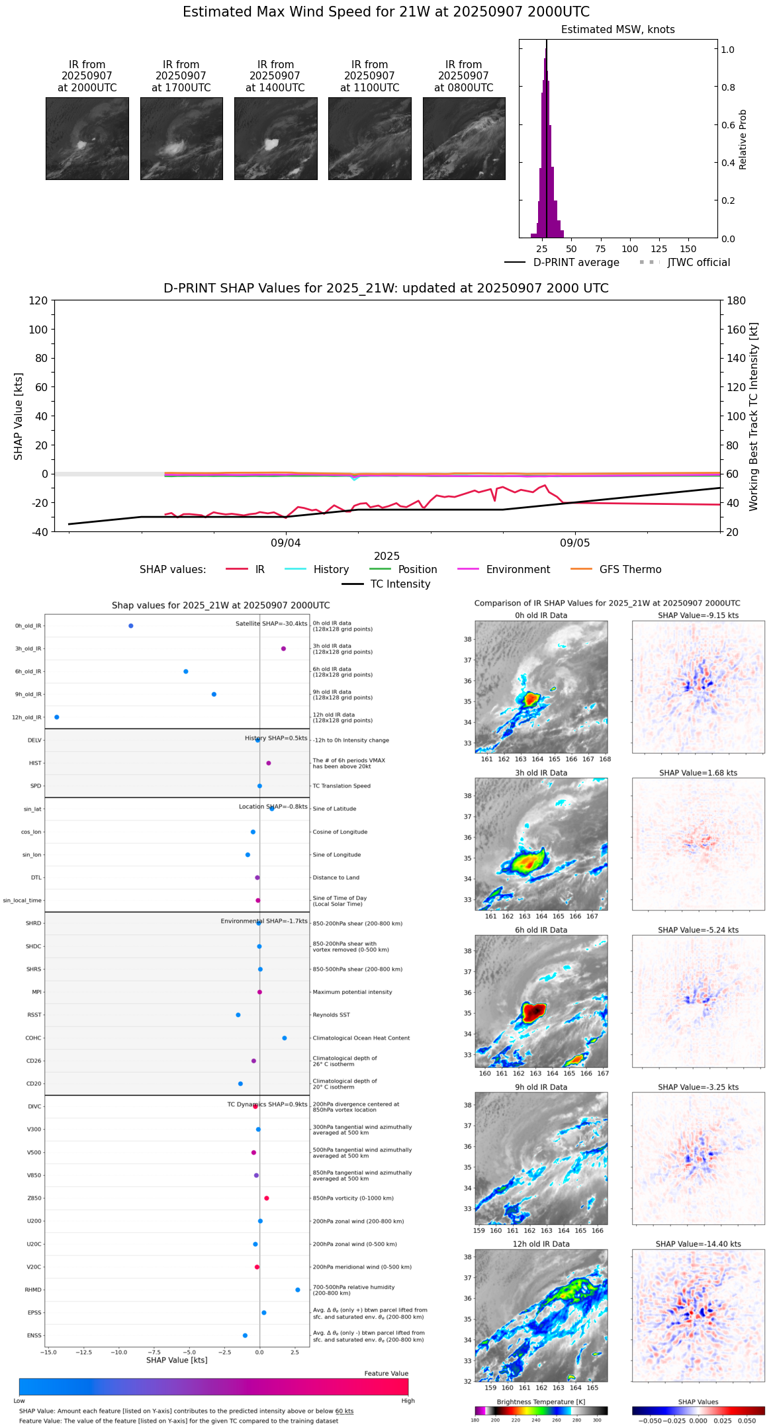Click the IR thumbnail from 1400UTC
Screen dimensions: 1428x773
275,138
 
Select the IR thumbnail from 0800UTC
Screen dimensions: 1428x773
464,138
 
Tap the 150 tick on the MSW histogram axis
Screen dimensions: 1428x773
688,249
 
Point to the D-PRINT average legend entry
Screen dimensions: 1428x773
576,263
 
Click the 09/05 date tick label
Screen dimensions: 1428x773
574,543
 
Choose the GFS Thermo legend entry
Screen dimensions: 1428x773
630,570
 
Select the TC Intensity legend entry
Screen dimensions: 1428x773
400,584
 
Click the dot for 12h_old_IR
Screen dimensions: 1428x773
56,717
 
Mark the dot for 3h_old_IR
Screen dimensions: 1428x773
283,648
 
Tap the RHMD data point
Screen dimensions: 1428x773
298,1290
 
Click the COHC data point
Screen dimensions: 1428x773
285,1038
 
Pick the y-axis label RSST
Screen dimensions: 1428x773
34,1015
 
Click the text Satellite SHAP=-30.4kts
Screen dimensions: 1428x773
271,624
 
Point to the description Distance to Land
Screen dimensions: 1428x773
336,878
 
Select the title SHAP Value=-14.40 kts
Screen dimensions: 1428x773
698,1244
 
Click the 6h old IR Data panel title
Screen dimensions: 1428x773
541,930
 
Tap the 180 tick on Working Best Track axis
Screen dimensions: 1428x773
737,301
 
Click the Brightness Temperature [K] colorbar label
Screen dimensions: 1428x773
541,1402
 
